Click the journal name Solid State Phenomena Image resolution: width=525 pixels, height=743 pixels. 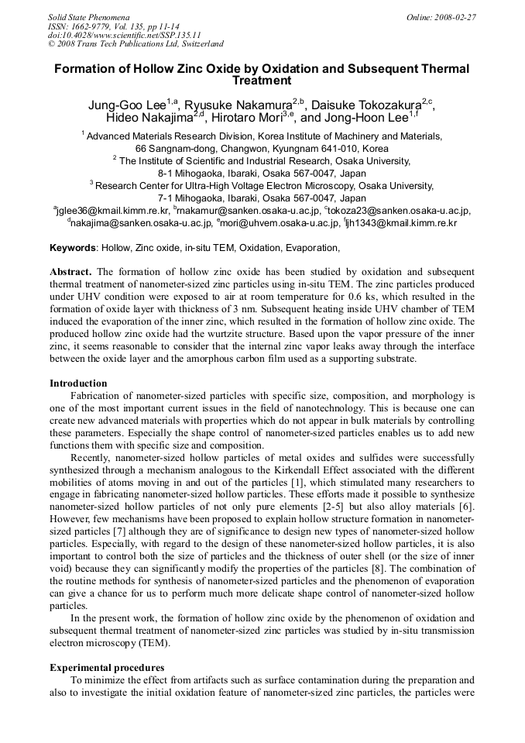88,16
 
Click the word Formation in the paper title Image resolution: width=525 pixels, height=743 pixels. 84,69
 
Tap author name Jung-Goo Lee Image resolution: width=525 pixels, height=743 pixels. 128,105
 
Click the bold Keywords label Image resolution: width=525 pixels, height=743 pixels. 73,248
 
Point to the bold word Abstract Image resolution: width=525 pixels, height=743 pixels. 70,273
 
